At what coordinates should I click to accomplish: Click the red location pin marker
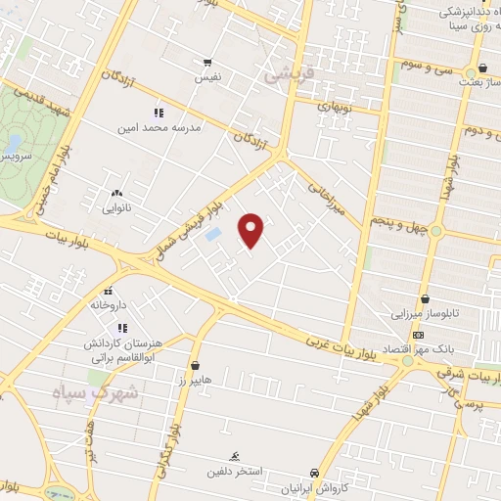(x=251, y=229)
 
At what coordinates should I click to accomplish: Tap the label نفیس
(x=206, y=74)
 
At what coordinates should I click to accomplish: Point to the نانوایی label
(x=117, y=206)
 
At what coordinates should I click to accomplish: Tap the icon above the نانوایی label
(x=117, y=193)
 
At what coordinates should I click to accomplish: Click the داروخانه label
(x=109, y=304)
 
